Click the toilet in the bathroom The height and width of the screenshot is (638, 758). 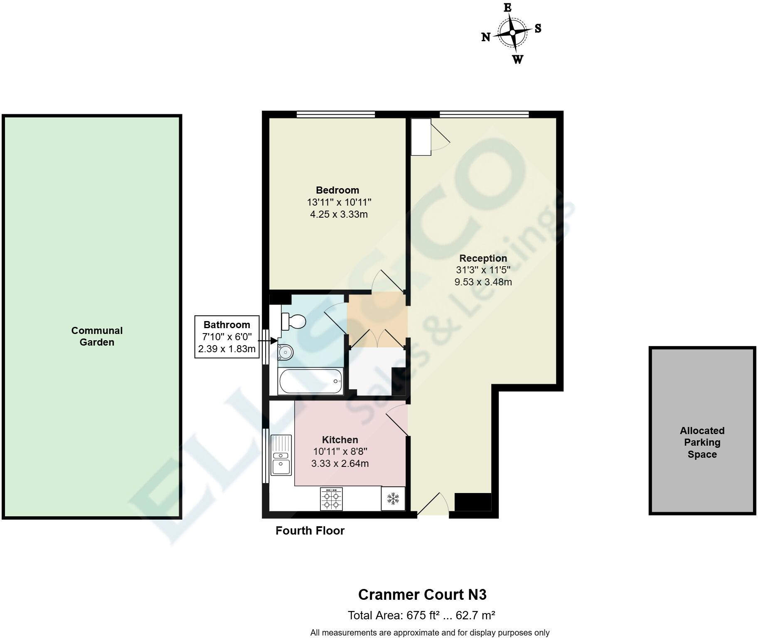coord(293,321)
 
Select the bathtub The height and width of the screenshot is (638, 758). coord(311,381)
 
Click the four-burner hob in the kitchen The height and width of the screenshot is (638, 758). coord(332,498)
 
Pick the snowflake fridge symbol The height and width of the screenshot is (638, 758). coord(393,498)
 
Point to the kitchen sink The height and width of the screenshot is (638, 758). coord(281,455)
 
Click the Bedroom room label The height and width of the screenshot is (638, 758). coord(337,190)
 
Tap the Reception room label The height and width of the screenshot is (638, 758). coord(483,258)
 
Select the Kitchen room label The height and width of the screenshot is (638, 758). coord(340,439)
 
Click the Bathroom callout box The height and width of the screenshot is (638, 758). coord(227,337)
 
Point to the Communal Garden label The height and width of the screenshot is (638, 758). coord(97,336)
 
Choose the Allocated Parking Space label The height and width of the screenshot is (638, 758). coord(702,442)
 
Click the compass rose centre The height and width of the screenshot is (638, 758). coord(513,33)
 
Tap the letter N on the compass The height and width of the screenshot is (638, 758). coord(486,37)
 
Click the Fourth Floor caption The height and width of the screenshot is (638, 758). coord(310,531)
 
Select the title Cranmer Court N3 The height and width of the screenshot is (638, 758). coord(422,595)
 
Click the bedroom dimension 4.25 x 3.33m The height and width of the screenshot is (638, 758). coord(339,214)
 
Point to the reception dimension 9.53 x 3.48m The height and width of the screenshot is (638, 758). coord(483,282)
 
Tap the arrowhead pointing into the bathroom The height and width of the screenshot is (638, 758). coord(275,341)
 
